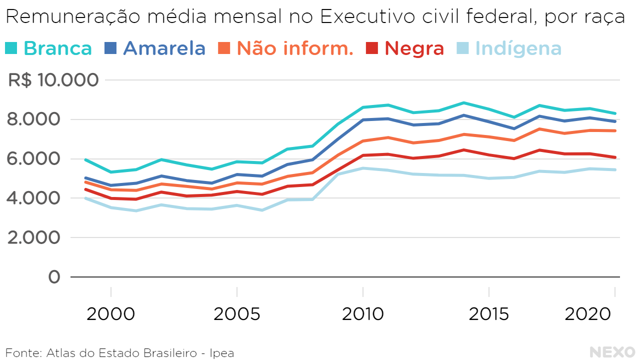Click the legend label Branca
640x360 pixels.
coord(57,48)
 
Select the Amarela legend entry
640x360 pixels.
coord(164,48)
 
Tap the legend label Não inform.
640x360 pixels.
coord(295,48)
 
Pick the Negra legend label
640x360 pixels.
coord(414,48)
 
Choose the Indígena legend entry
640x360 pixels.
coord(518,48)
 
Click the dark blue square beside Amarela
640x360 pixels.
coord(110,48)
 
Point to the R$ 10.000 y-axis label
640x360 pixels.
coord(53,80)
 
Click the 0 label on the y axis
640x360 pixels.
coord(54,277)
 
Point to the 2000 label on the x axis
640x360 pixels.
coord(110,314)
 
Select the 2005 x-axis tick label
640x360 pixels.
coord(236,314)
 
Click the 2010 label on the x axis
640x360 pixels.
coord(363,314)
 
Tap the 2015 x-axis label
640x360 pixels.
coord(488,314)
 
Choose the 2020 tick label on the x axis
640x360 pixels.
coord(588,314)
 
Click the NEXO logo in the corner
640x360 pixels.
coord(611,352)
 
